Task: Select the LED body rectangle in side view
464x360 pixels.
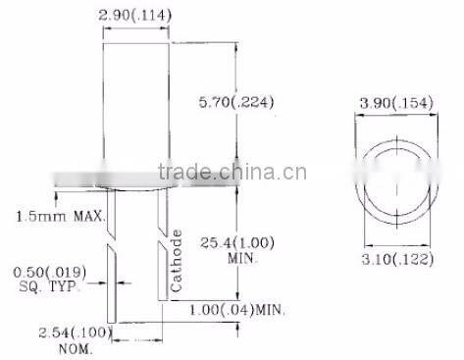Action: tap(136, 108)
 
